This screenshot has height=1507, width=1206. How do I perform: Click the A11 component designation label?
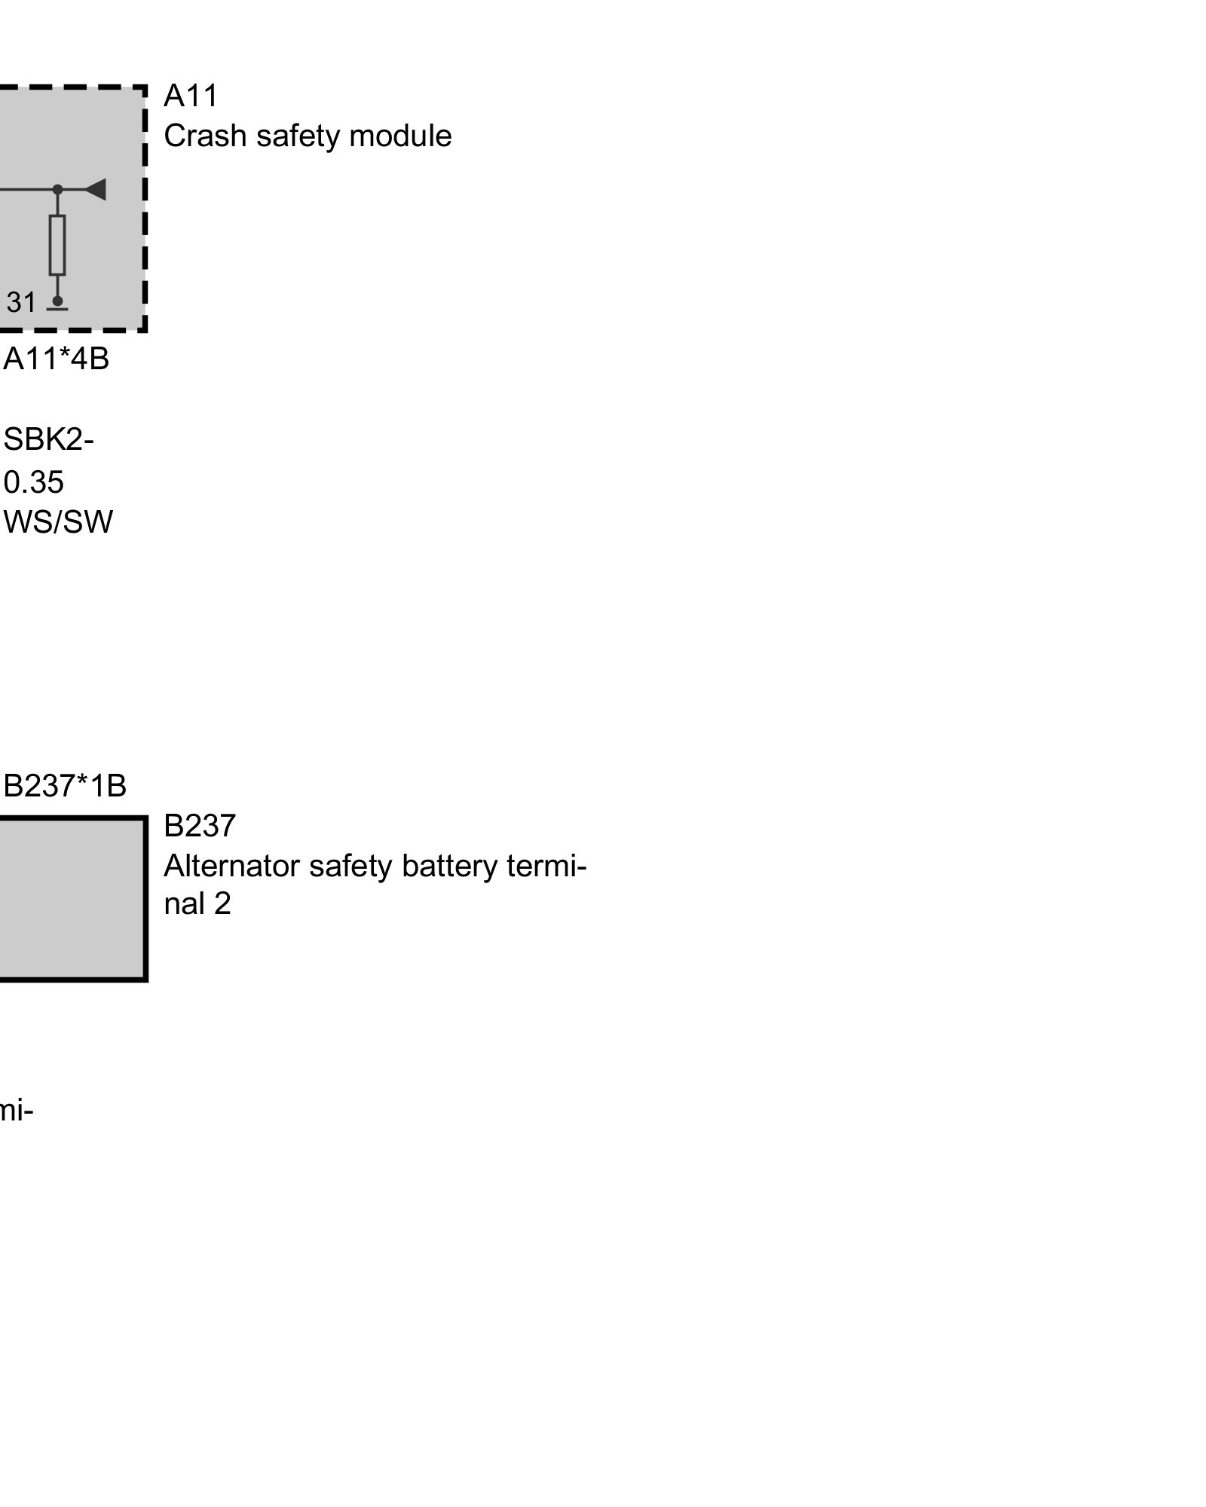click(x=191, y=96)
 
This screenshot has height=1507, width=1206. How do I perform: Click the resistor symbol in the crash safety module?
click(x=57, y=245)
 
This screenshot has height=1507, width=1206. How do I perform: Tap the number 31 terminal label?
click(x=21, y=303)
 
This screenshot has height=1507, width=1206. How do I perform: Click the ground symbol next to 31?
click(x=57, y=305)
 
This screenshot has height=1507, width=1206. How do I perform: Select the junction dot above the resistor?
click(x=57, y=190)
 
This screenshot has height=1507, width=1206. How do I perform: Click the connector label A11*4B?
click(x=57, y=359)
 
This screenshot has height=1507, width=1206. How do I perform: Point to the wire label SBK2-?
click(x=49, y=440)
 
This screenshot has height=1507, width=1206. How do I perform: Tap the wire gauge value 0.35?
click(x=34, y=482)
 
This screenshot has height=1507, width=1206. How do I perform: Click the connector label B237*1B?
click(x=65, y=786)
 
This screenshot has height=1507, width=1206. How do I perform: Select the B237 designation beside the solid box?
click(x=200, y=826)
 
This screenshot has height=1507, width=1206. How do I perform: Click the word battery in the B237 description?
click(x=449, y=867)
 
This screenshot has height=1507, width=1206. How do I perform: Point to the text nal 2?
click(x=197, y=904)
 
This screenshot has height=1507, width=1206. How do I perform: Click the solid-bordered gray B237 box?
click(x=72, y=899)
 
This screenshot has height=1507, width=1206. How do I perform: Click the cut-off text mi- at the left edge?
click(x=17, y=1111)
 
